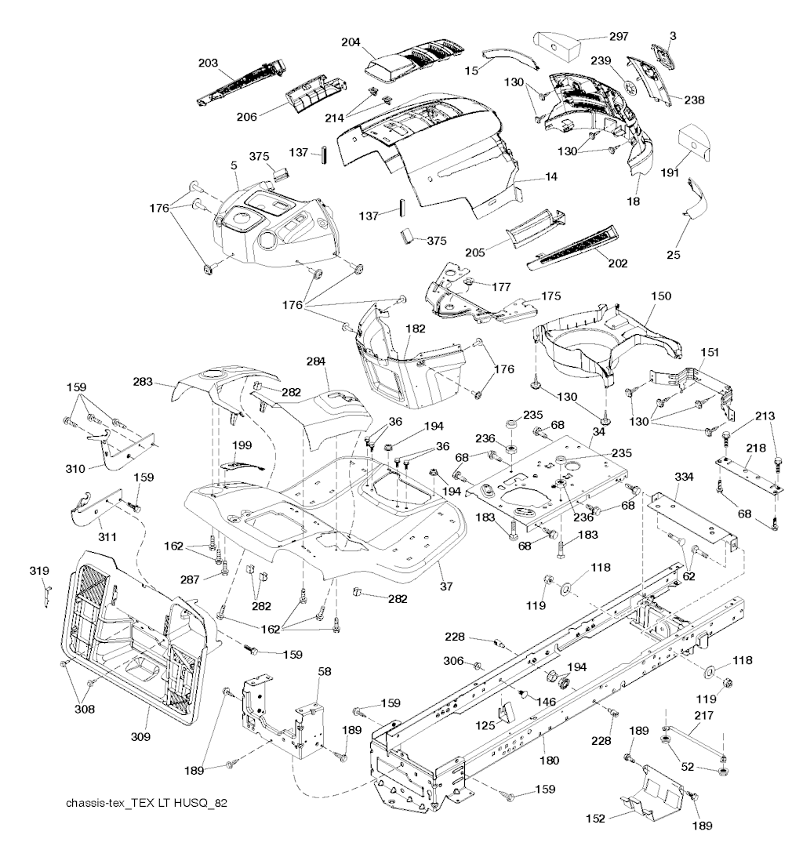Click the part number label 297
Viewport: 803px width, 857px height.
(x=620, y=36)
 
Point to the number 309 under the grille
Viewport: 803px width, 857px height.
(x=140, y=737)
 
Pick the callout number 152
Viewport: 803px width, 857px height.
(x=595, y=818)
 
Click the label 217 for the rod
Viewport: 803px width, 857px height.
(x=704, y=715)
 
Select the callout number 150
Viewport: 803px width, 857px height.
(x=662, y=296)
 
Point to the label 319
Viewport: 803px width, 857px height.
(x=40, y=570)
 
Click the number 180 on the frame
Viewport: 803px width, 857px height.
(x=550, y=760)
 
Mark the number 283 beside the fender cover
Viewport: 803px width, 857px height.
(x=165, y=383)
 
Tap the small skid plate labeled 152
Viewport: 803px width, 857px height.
(x=649, y=791)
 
